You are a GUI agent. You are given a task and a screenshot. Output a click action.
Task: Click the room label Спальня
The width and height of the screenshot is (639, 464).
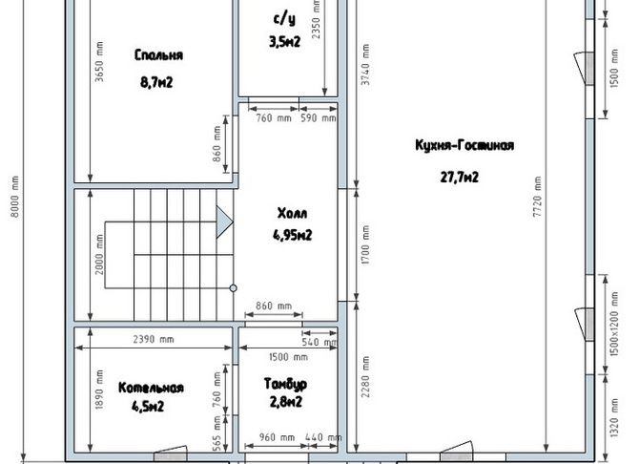pyautogui.click(x=158, y=55)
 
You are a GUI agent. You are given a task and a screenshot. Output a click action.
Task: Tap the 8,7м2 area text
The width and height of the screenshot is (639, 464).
pyautogui.click(x=156, y=82)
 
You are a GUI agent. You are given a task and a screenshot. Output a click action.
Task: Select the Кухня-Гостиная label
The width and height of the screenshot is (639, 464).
pyautogui.click(x=464, y=145)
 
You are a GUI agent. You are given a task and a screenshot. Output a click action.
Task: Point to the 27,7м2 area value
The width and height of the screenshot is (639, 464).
pyautogui.click(x=460, y=178)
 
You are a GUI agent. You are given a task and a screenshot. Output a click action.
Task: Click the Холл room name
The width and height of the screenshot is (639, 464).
pyautogui.click(x=292, y=214)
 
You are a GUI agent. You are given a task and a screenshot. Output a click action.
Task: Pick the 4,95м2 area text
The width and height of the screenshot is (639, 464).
pyautogui.click(x=292, y=235)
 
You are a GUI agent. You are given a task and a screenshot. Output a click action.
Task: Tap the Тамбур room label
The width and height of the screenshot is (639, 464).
pyautogui.click(x=285, y=384)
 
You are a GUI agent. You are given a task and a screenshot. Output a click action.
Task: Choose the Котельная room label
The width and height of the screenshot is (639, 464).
pyautogui.click(x=151, y=388)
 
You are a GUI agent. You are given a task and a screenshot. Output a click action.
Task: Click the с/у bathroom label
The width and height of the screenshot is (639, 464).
pyautogui.click(x=284, y=19)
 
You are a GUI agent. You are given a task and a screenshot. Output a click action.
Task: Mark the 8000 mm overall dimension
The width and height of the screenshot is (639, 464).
pyautogui.click(x=14, y=197)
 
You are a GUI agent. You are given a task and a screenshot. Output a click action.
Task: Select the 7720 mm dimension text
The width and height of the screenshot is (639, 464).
pyautogui.click(x=538, y=197)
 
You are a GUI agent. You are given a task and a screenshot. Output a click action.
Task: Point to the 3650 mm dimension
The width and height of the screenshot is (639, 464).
pyautogui.click(x=99, y=61)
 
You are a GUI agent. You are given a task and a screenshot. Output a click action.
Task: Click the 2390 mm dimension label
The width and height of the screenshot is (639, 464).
pyautogui.click(x=154, y=339)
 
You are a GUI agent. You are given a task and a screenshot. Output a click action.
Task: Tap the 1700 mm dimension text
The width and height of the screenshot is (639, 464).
pyautogui.click(x=365, y=244)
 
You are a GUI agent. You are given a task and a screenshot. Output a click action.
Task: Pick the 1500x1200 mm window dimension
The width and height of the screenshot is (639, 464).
pyautogui.click(x=615, y=324)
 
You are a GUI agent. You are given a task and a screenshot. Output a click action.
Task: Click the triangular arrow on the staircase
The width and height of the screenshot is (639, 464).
pyautogui.click(x=224, y=222)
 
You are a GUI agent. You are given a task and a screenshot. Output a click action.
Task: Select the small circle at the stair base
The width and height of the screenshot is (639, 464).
pyautogui.click(x=233, y=288)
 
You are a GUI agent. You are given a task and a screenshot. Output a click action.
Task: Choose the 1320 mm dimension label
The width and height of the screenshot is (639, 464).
pyautogui.click(x=615, y=417)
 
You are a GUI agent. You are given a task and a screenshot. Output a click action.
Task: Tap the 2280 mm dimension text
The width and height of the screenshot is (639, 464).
pyautogui.click(x=365, y=377)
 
